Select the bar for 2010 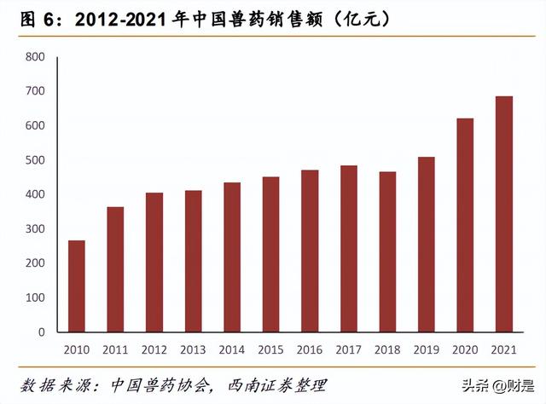[77, 286]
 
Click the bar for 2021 [503, 214]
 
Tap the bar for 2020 [465, 225]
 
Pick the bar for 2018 [387, 251]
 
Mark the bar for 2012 [154, 263]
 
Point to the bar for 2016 [310, 251]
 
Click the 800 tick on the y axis [34, 57]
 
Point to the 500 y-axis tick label [34, 160]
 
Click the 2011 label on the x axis [115, 349]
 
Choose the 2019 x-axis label [426, 349]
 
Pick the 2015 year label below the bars [270, 349]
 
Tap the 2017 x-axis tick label [348, 349]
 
